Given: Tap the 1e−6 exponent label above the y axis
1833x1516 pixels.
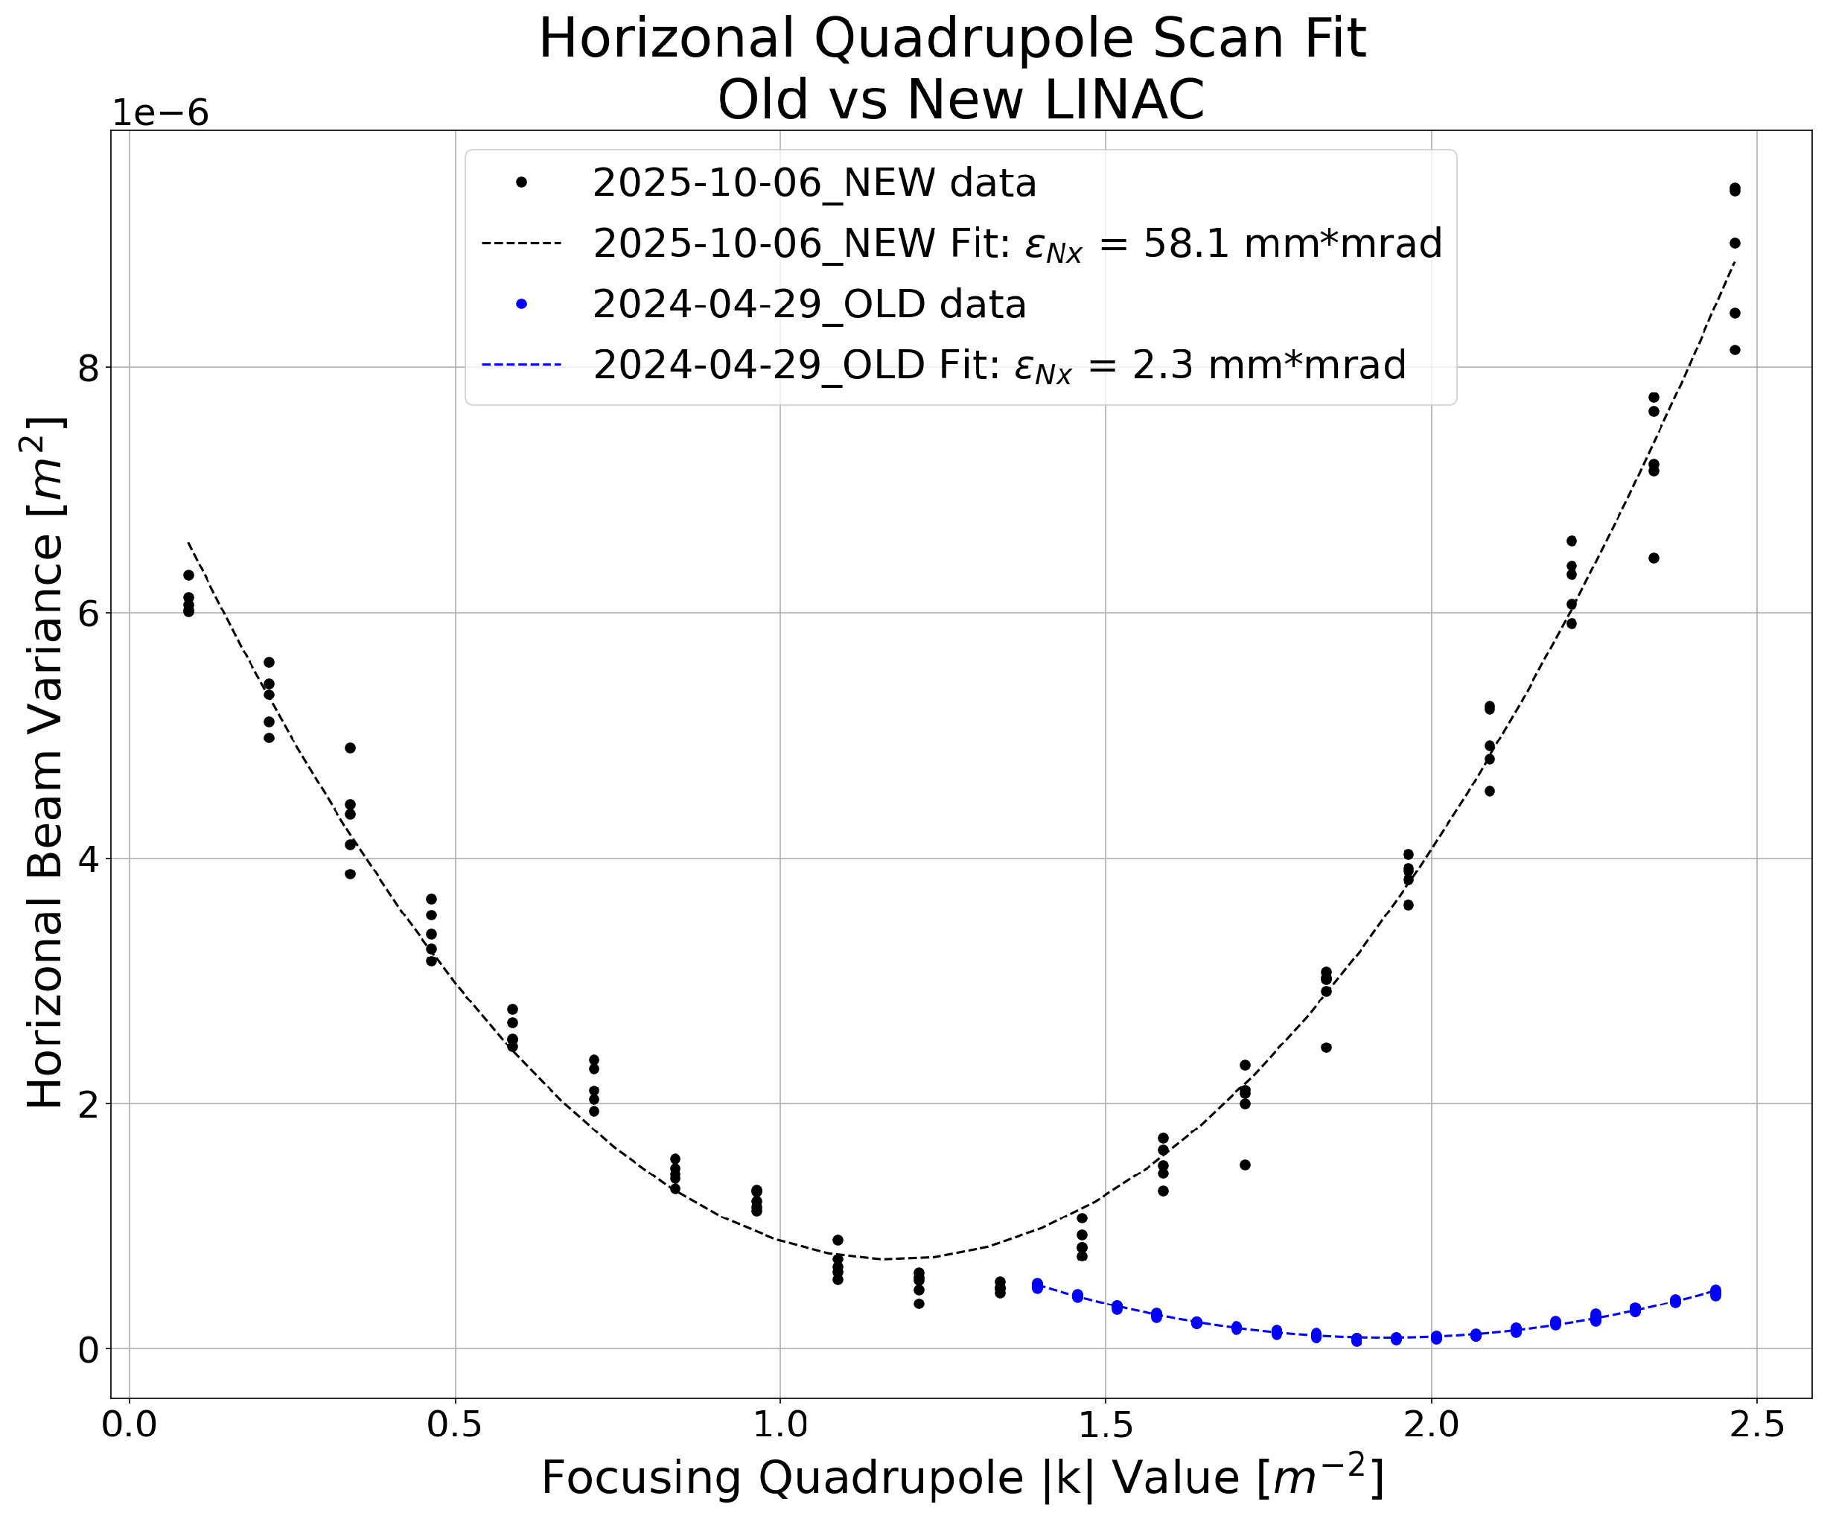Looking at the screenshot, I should [x=161, y=113].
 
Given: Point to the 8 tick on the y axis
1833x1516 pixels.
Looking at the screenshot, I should [x=87, y=367].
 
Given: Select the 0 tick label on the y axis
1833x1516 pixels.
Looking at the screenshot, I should [x=87, y=1349].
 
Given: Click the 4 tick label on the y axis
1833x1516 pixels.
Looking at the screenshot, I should [x=87, y=859].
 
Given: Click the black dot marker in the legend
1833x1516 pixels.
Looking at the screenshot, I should [x=521, y=182].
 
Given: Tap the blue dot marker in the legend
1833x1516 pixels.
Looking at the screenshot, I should [x=521, y=304].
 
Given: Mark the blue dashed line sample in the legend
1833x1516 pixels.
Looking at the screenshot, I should [x=521, y=365].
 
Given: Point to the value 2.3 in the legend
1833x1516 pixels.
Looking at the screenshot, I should [x=1155, y=365].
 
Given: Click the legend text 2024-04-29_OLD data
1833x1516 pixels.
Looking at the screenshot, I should [x=809, y=304].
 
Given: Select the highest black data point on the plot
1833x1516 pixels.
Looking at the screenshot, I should [x=1735, y=188].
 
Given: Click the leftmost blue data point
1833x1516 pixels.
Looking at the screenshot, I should [x=1038, y=1286].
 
